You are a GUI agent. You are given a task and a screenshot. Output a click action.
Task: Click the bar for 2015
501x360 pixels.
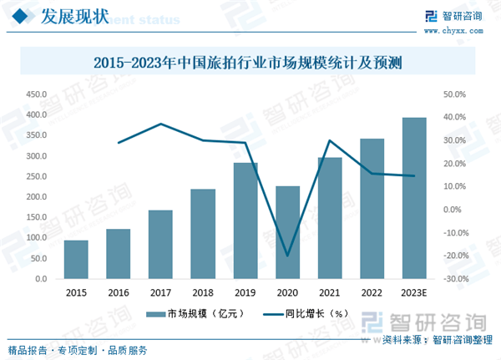pos(76,260)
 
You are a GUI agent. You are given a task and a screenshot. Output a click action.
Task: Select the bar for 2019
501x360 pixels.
pos(245,221)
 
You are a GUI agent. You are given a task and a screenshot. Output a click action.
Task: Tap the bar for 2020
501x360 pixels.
pos(287,233)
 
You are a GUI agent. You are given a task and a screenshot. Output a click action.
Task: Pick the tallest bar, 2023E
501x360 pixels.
pos(414,199)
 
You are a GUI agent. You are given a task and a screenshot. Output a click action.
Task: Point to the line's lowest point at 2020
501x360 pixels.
pos(287,256)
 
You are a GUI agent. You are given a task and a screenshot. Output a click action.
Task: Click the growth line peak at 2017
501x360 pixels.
pos(160,124)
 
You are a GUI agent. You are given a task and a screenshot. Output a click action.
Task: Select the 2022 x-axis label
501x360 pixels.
pos(372,292)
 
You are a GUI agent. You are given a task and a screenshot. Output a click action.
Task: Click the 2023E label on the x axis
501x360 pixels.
pos(414,292)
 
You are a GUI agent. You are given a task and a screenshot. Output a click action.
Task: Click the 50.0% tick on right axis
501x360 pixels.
pos(454,94)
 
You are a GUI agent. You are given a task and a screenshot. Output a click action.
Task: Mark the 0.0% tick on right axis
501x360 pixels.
pos(452,210)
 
